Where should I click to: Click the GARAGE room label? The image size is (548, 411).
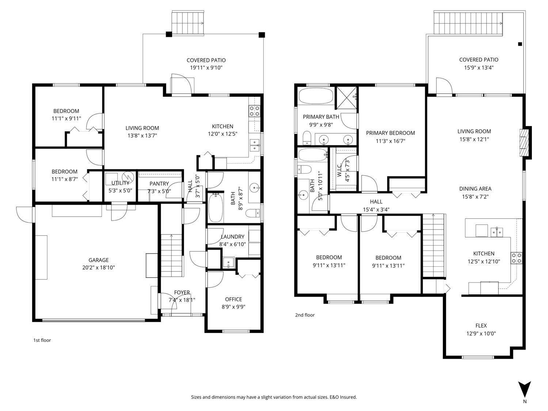coord(99,260)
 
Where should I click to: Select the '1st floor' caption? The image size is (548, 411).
coord(42,340)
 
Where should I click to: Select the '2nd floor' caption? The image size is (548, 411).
coord(305,315)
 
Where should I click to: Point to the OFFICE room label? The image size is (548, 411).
coord(233,299)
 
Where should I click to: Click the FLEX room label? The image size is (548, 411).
coord(481,326)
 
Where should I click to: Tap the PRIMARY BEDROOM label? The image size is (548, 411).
coord(390,133)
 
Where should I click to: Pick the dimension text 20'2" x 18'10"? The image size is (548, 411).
coord(99,267)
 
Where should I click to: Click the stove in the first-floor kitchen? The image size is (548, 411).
coord(254,111)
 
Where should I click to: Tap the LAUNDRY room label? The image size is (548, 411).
coord(232,237)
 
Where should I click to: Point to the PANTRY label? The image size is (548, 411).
coord(159,183)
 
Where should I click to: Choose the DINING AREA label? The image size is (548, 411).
coord(475,189)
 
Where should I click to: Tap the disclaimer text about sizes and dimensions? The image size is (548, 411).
coord(274,397)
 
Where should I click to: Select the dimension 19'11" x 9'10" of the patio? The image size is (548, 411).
coord(206,68)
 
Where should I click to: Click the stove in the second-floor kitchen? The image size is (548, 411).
coord(516,258)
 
